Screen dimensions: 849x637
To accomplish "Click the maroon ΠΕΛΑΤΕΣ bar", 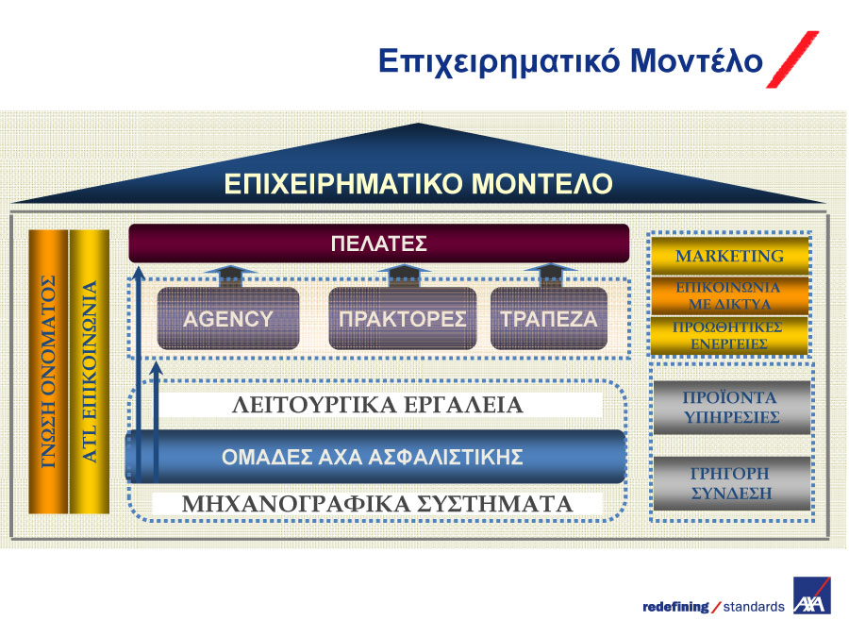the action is coord(379,243).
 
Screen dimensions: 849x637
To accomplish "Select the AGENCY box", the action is coord(228,319).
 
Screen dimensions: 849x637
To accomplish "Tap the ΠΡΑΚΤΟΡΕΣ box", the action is coord(402,319).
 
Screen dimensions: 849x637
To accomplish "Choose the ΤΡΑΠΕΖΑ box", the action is coord(548,319).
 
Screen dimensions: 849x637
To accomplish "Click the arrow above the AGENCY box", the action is coord(231,276).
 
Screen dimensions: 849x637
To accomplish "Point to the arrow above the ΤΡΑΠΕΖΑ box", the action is coord(551,276).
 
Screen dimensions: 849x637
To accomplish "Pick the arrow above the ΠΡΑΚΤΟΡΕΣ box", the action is coord(404,276).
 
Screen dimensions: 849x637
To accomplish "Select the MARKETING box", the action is coord(729,255).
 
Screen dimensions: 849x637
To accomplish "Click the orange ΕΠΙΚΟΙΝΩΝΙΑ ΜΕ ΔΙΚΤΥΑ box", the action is coord(729,295).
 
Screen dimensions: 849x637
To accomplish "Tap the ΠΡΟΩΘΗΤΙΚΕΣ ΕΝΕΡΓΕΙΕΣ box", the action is coord(729,336).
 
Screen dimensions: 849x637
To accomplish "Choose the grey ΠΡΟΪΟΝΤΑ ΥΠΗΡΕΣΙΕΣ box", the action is coord(731,408).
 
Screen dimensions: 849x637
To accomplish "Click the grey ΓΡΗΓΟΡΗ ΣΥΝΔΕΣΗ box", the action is coord(731,483).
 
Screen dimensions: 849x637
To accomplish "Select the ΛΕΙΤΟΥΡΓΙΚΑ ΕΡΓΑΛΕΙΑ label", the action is coord(377,405).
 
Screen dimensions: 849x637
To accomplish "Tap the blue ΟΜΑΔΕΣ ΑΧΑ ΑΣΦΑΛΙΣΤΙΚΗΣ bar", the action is coord(375,457).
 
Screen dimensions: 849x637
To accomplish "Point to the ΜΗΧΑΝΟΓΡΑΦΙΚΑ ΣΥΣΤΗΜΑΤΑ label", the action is coord(376,504).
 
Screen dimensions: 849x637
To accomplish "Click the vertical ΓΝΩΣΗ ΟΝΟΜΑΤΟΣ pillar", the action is coord(48,372).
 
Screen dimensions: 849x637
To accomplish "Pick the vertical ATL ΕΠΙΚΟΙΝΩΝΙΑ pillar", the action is coord(90,372).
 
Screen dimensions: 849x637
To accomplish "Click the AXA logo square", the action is coord(811,595).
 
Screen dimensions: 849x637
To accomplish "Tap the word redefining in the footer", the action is coord(675,607).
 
